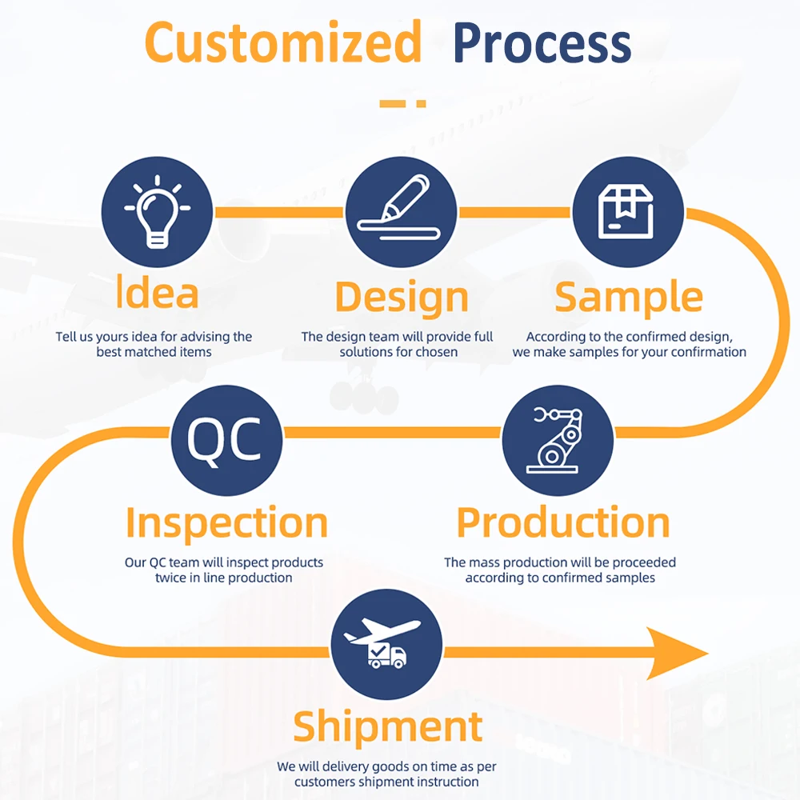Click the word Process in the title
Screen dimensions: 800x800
[x=542, y=44]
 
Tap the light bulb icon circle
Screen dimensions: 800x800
[x=157, y=211]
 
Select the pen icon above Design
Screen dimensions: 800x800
[x=401, y=211]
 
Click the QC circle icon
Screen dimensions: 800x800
[x=226, y=440]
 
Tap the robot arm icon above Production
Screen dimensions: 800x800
[x=557, y=440]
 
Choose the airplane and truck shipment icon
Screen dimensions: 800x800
[x=386, y=644]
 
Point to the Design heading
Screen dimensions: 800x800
[x=401, y=297]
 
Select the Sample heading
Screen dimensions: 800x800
[x=629, y=297]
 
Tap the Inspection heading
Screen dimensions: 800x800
[x=226, y=523]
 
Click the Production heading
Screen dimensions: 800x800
[x=562, y=523]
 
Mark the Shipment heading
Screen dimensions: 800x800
[x=387, y=726]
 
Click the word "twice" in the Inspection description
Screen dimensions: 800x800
[x=170, y=578]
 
